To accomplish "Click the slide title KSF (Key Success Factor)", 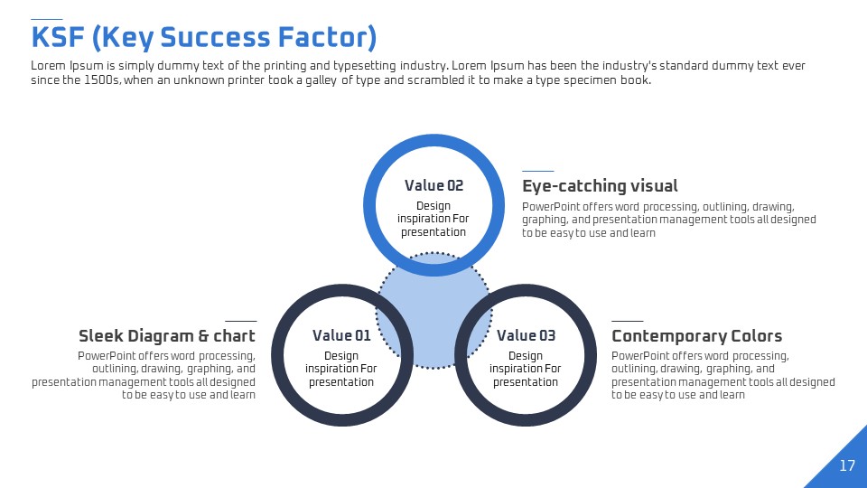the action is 204,38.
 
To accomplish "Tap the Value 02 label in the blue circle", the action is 433,185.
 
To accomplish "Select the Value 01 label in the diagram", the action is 341,335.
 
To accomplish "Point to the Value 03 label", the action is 526,335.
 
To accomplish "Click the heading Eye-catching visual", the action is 600,186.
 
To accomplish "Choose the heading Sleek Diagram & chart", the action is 167,336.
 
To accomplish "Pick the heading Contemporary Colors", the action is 696,336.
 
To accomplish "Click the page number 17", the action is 847,465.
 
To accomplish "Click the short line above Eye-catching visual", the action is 538,171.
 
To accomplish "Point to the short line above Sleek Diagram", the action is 240,321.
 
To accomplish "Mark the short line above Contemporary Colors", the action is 627,321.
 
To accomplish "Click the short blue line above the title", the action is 46,19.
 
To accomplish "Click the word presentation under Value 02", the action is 433,232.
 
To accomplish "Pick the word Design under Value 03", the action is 526,356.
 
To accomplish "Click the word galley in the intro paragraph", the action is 321,80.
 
